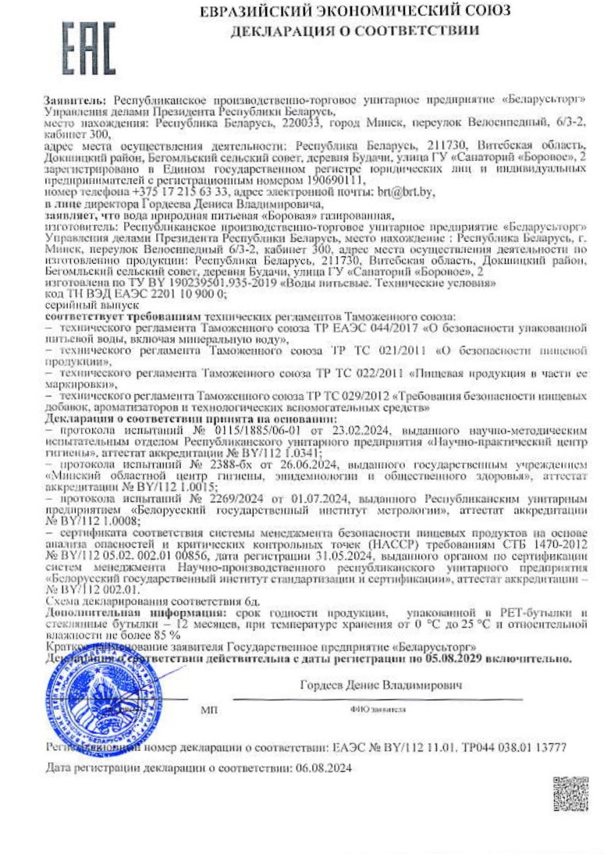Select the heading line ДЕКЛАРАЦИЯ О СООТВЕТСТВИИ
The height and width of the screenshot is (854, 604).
354,30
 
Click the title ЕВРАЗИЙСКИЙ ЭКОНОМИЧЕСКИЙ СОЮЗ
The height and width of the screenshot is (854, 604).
355,11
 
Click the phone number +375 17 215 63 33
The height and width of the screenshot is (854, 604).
181,191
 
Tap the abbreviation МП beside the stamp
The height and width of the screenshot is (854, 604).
210,710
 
